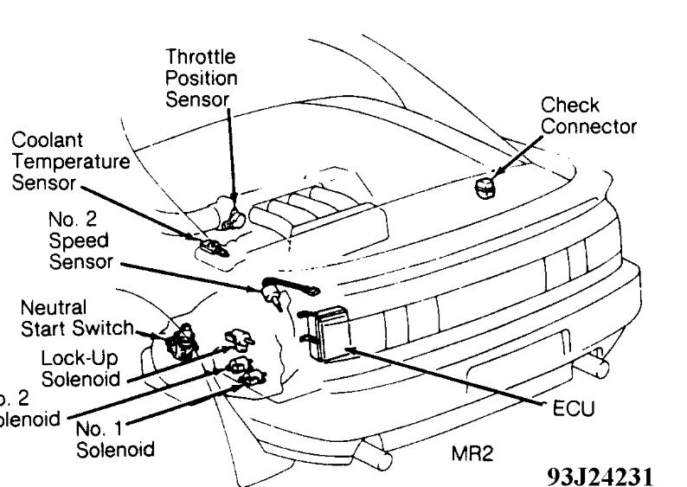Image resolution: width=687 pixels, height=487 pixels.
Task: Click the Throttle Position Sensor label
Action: tap(201, 77)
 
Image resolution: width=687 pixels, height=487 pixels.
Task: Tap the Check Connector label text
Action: tap(588, 116)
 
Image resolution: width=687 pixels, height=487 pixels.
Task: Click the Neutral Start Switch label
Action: tap(77, 317)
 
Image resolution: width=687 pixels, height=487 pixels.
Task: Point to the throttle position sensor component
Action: tap(231, 214)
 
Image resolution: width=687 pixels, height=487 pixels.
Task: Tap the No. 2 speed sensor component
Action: tap(274, 296)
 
